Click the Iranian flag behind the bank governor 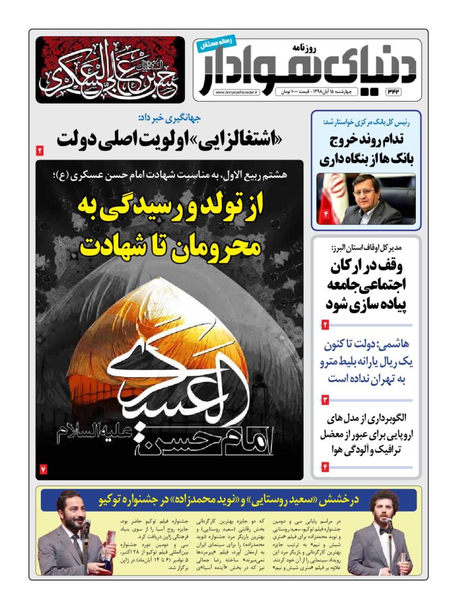coord(330,196)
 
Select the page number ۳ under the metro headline coord(325,400)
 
